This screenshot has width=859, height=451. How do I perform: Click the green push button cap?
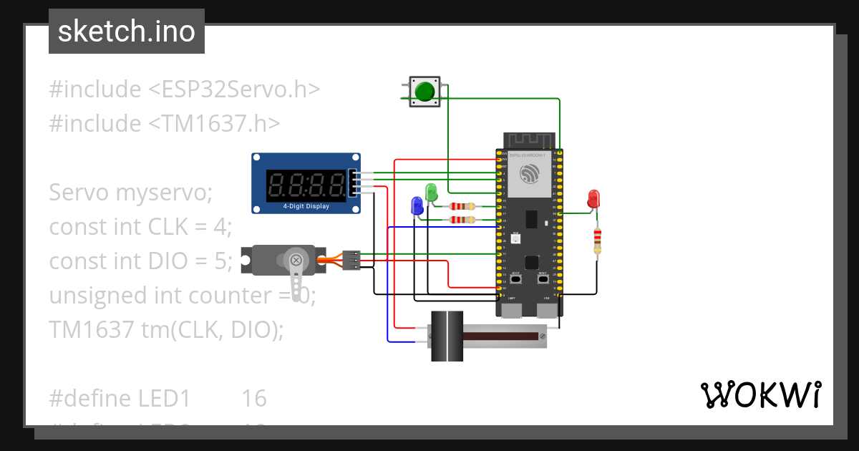[425, 92]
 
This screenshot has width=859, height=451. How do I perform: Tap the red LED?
[593, 198]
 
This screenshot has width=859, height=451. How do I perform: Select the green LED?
[431, 192]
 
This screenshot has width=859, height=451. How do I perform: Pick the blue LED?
[417, 205]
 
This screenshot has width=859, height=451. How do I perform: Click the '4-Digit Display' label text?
[306, 207]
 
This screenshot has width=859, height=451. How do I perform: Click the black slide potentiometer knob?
[447, 336]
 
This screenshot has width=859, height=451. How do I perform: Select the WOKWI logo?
[759, 394]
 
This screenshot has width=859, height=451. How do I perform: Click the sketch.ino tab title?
[127, 31]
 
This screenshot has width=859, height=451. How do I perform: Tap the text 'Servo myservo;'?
[131, 193]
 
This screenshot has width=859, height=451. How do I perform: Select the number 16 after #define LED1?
[253, 398]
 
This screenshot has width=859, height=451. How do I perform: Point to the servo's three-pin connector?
[351, 260]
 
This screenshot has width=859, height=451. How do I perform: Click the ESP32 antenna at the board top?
[530, 140]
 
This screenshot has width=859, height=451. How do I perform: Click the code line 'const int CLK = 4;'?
[141, 227]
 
